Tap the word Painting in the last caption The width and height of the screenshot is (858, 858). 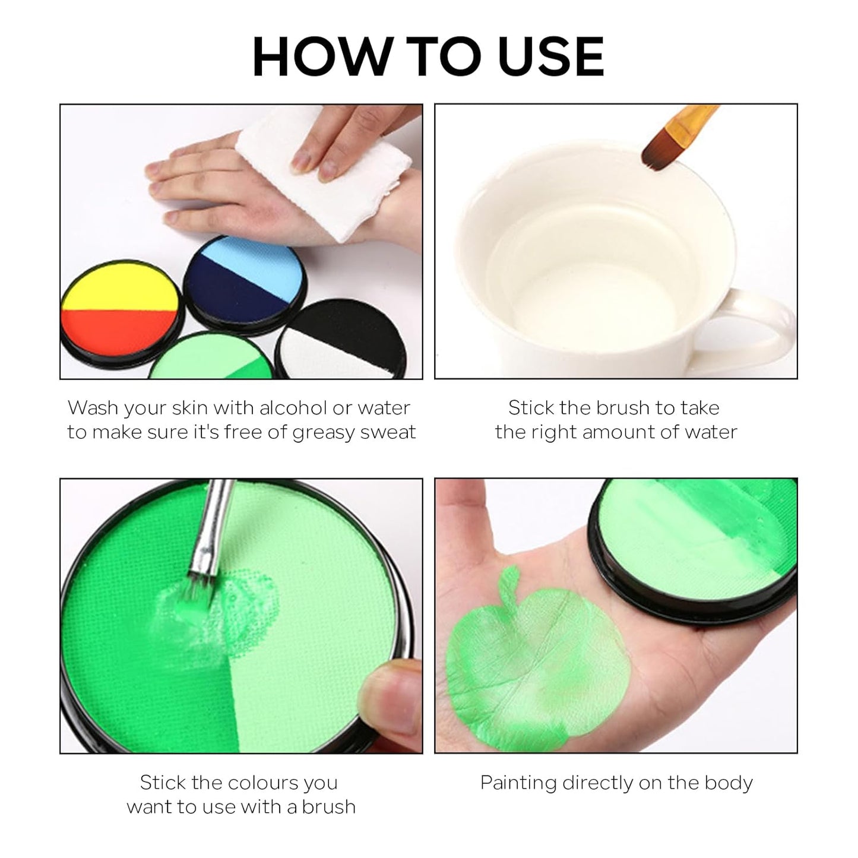point(518,783)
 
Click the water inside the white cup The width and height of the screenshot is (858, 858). point(600,261)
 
